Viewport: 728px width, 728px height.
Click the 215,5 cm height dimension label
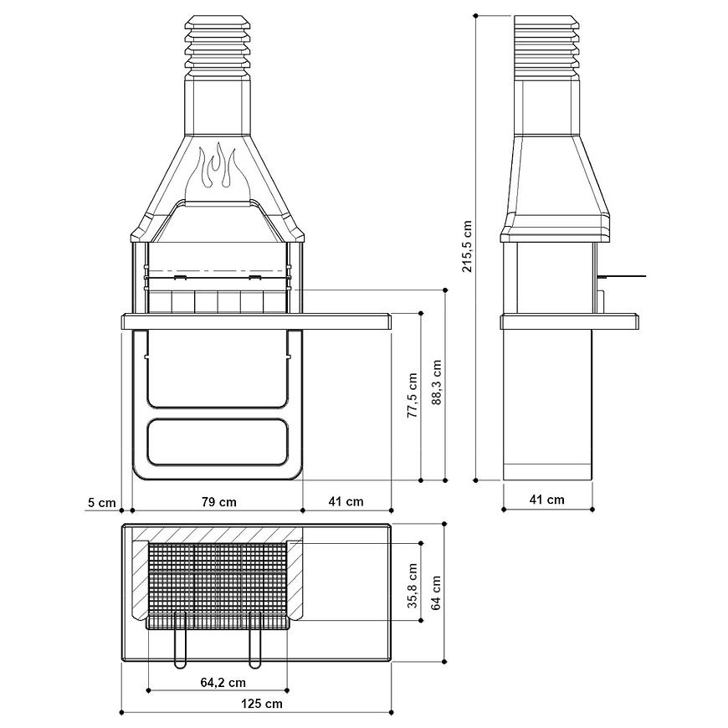click(x=467, y=246)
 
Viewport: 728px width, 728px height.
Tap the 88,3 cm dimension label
click(x=437, y=382)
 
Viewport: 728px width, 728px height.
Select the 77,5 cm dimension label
click(x=413, y=395)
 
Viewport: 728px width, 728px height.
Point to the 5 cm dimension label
click(x=102, y=502)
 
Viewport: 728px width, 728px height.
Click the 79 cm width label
click(x=219, y=502)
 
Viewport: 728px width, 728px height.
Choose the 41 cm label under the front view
click(x=346, y=501)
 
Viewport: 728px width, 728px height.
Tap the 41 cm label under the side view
click(x=547, y=500)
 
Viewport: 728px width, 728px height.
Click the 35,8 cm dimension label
click(x=413, y=586)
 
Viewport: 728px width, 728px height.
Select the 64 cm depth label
click(x=436, y=592)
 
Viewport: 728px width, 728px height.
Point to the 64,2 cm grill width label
click(x=223, y=682)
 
